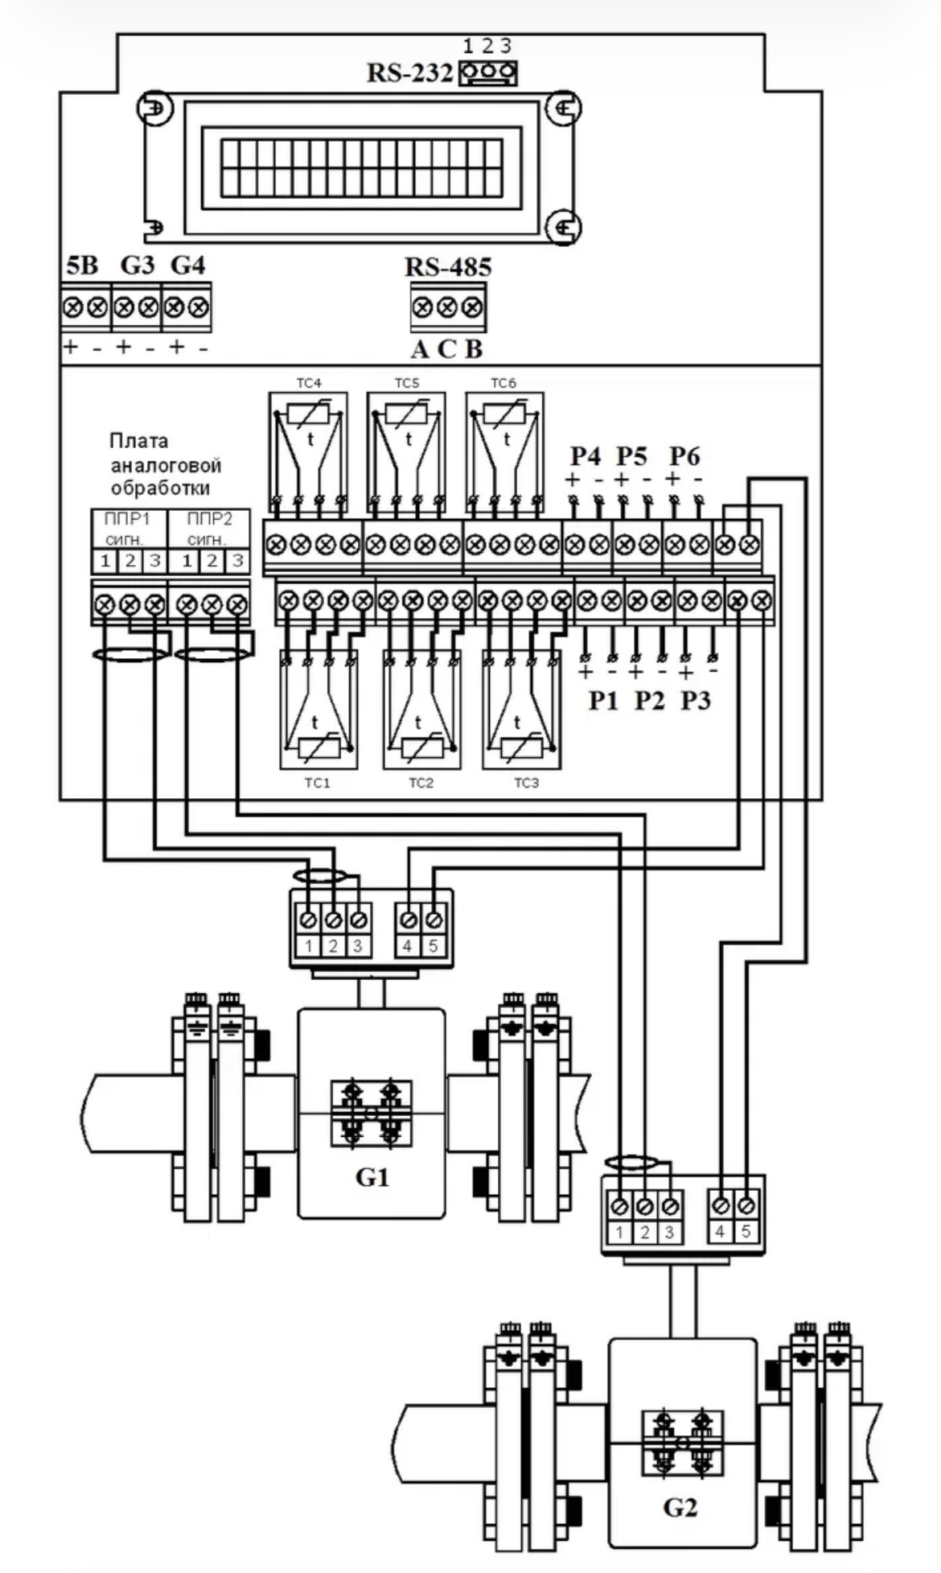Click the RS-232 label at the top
tap(409, 73)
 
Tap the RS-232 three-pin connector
tap(487, 73)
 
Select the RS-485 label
tap(448, 267)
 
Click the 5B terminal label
tap(81, 265)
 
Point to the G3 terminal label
tap(137, 265)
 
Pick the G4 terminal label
tap(187, 265)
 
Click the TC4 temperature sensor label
tap(309, 384)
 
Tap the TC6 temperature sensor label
tap(503, 384)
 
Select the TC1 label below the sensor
tap(318, 782)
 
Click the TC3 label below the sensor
tap(526, 782)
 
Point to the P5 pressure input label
tap(631, 456)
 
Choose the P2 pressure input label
tap(649, 701)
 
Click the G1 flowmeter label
tap(372, 1177)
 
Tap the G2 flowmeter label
tap(680, 1507)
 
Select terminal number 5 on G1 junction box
tap(433, 946)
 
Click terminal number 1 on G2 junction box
tap(619, 1232)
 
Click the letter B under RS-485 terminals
tap(475, 349)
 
